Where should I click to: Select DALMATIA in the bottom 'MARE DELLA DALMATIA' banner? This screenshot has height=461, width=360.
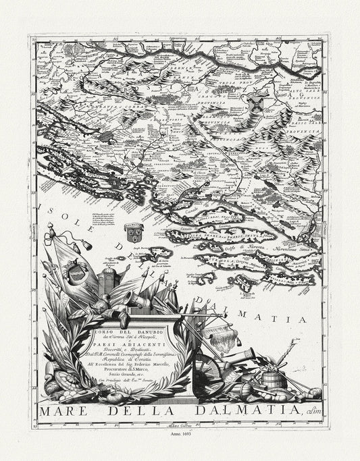click(x=242, y=410)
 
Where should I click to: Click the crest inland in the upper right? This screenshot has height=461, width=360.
click(x=256, y=101)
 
